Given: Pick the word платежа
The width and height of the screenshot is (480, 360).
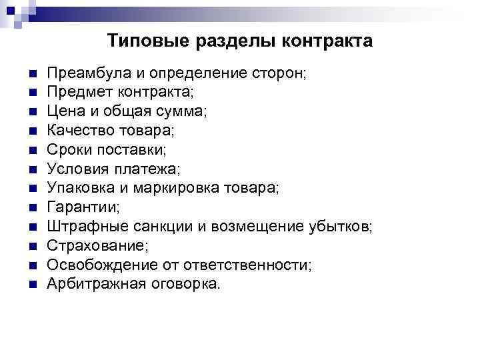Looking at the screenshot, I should [156, 168].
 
